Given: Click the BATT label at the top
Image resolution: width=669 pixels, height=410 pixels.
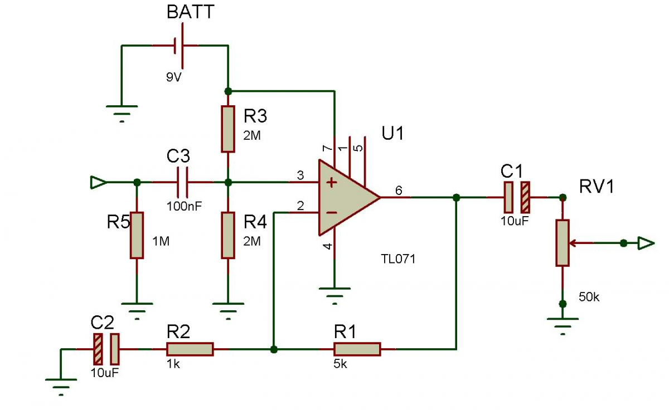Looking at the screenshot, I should coord(190,12).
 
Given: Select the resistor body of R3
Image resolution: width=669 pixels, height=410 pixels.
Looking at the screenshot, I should coord(227,128).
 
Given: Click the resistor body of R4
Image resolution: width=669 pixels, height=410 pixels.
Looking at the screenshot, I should coord(227,235).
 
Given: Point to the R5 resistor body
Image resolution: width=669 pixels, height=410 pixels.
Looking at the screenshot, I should coord(137,235).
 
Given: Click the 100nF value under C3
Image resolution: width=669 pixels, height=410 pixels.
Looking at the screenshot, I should coord(184,205).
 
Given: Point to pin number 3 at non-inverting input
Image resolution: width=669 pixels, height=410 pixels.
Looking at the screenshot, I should coord(300,176).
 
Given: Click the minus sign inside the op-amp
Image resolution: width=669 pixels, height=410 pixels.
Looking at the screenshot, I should coord(331,212).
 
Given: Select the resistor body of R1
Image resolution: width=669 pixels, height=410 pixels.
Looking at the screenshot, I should coord(357,349).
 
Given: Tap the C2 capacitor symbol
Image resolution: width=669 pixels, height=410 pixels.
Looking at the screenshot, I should coord(106,349).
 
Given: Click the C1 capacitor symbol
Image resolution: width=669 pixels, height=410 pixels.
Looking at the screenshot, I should coord(517,197).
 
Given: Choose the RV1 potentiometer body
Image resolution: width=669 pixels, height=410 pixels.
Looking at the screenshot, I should coord(563,242).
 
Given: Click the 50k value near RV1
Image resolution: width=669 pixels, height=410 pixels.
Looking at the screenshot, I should coord(589,297).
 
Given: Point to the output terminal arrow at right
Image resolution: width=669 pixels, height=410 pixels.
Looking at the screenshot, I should coord(646,243).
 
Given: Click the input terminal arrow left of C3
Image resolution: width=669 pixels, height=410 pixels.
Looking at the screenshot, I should coord(97,182).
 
